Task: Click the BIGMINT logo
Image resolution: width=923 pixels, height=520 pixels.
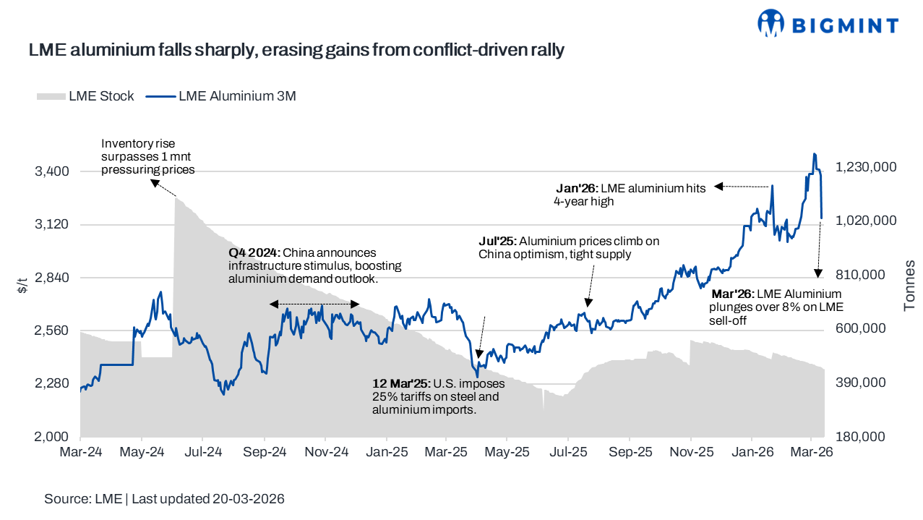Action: (x=828, y=24)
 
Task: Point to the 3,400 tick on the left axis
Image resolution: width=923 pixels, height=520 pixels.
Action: (x=53, y=171)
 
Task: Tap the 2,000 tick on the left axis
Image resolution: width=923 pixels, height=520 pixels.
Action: (x=53, y=437)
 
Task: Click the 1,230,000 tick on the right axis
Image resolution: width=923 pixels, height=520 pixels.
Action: (x=866, y=167)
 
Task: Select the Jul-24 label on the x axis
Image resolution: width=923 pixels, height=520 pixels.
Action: (x=202, y=452)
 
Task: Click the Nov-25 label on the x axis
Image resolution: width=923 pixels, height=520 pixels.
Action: (x=690, y=452)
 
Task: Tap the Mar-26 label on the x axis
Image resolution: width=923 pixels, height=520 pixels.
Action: (x=812, y=452)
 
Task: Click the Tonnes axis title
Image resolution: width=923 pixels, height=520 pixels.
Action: (x=909, y=285)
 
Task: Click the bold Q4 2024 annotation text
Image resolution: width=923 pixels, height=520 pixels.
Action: (x=254, y=253)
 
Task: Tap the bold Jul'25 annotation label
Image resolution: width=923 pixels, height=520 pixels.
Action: (x=497, y=241)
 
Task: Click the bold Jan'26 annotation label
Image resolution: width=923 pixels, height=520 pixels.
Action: (x=575, y=188)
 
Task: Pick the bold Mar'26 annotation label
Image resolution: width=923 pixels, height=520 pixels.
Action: (x=731, y=294)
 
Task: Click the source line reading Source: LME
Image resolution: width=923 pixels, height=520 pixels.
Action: (x=163, y=499)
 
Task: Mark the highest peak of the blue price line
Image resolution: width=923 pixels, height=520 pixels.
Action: (x=814, y=154)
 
